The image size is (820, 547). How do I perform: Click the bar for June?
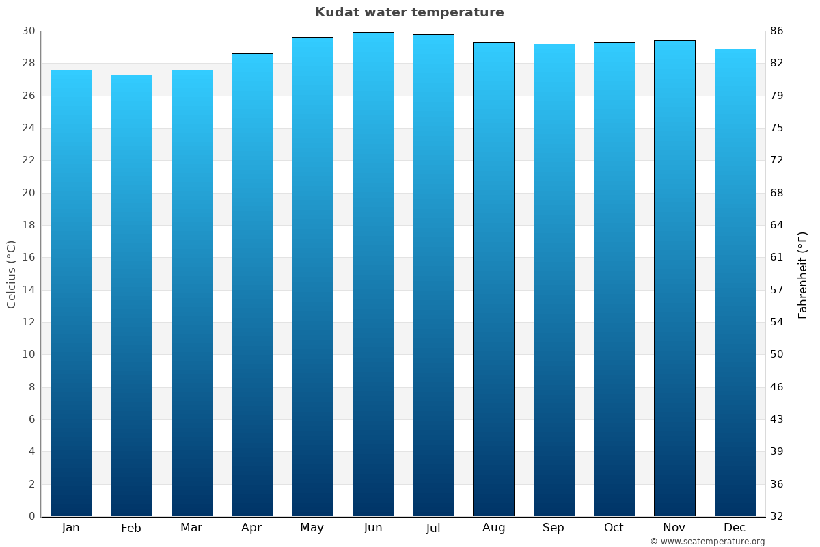[373, 273]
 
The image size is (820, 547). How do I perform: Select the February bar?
[131, 294]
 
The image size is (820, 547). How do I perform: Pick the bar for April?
[252, 284]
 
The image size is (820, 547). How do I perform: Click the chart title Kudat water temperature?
[409, 12]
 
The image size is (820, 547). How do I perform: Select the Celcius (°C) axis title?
[11, 274]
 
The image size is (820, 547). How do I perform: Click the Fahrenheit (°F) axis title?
[802, 275]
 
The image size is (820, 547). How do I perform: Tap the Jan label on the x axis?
[70, 528]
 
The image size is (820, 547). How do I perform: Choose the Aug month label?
[493, 528]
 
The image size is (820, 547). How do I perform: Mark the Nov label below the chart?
[674, 528]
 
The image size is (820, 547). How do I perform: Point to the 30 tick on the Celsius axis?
[28, 31]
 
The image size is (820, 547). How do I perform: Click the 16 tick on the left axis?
[28, 258]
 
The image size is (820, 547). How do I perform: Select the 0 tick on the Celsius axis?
[31, 516]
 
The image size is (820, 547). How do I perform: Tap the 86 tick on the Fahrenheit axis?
[777, 31]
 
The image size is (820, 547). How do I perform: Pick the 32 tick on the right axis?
[777, 516]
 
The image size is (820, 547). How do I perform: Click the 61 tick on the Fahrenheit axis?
[777, 258]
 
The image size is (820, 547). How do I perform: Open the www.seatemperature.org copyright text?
[707, 542]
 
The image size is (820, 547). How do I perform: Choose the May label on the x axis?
[312, 528]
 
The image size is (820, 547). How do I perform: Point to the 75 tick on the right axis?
[777, 128]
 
